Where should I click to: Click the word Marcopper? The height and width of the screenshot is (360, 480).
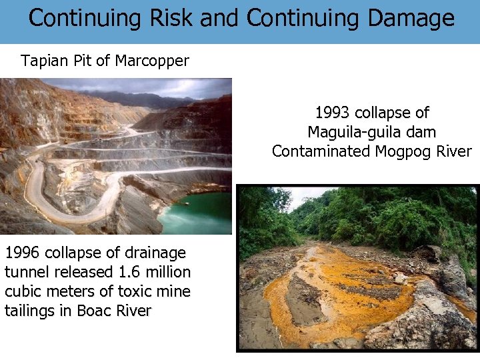coord(152,61)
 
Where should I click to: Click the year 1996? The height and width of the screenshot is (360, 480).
coord(24,253)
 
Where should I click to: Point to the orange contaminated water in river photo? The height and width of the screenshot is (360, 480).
coord(340,293)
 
